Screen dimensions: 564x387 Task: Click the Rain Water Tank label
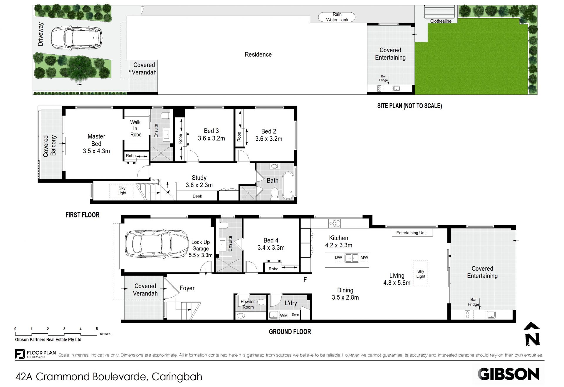[337, 17]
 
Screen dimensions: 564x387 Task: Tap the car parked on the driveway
[76, 38]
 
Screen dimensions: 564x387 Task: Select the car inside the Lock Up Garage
[157, 243]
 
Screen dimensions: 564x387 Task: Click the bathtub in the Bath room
[288, 186]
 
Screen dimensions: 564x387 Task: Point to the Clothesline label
[441, 21]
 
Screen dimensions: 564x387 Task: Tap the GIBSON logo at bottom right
[508, 374]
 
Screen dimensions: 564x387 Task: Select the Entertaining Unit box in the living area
[411, 233]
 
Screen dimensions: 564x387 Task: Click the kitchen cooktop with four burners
[335, 223]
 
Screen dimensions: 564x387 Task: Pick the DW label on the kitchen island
[338, 257]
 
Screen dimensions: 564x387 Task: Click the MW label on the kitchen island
[364, 257]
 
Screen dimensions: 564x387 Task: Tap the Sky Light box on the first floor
[122, 191]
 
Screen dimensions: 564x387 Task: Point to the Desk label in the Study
[197, 196]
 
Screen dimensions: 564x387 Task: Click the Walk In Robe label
[135, 129]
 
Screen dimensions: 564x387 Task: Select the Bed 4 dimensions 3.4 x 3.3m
[271, 248]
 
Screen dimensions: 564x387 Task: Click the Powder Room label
[248, 304]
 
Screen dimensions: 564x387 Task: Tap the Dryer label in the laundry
[296, 315]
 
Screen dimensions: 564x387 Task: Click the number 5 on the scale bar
[97, 329]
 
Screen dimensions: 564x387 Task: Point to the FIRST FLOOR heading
[82, 215]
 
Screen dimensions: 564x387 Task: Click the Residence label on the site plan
[258, 54]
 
